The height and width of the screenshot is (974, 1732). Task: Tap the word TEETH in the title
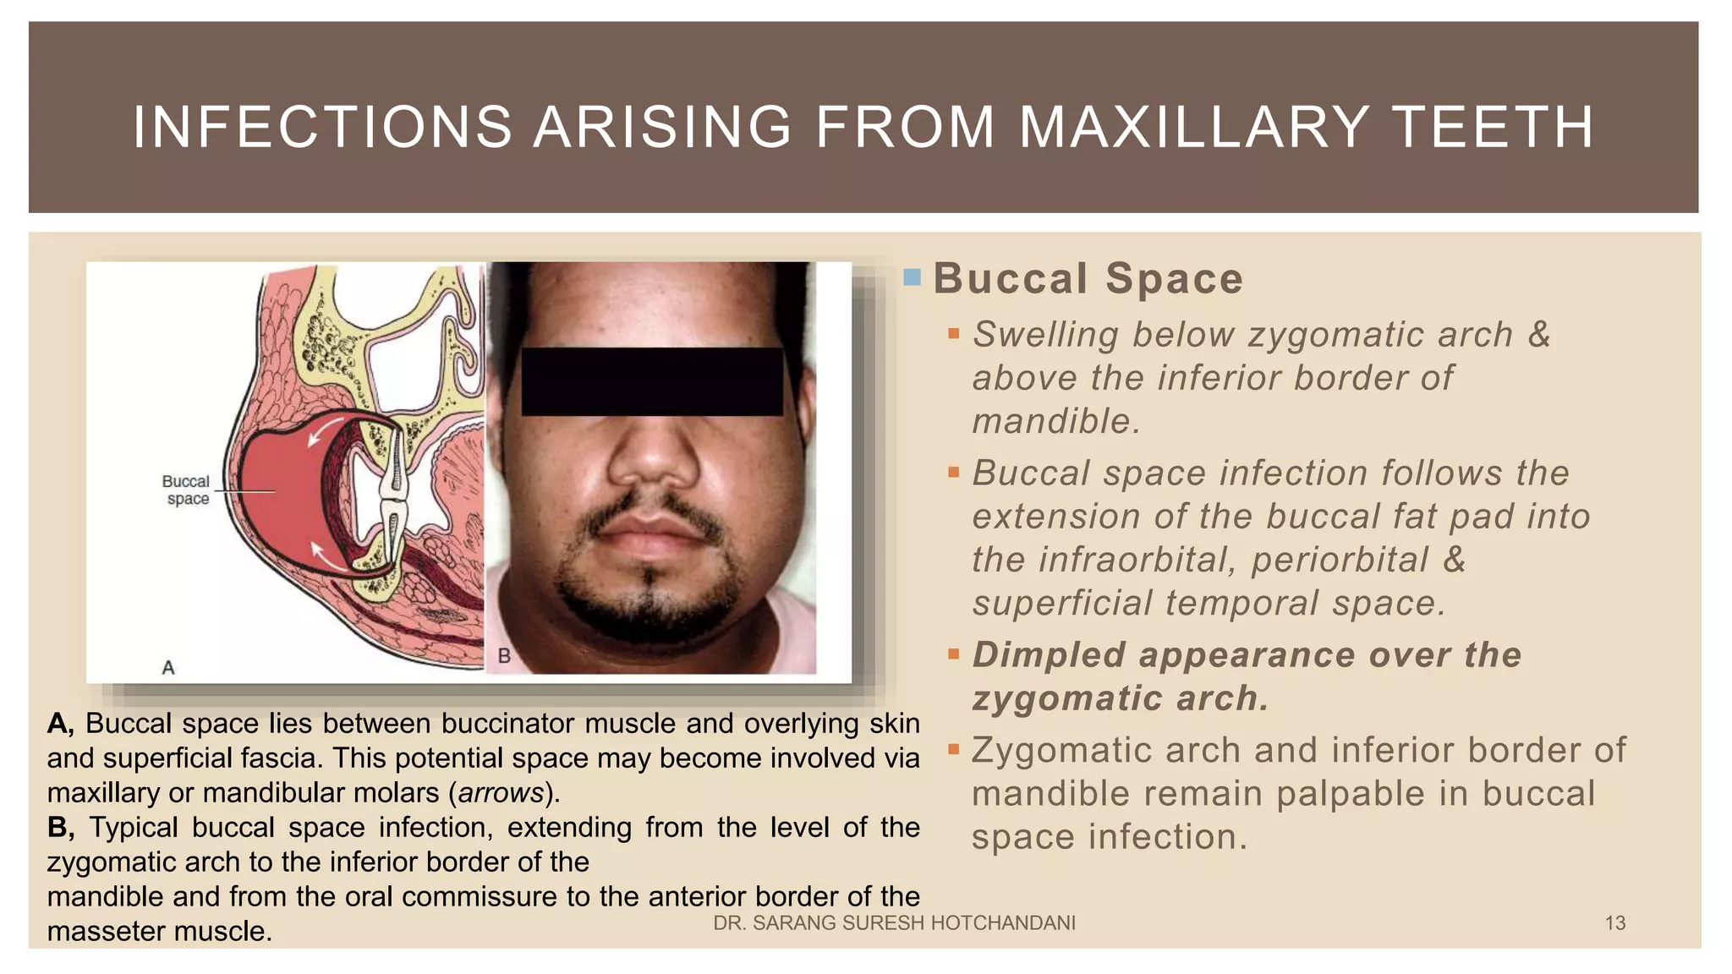click(x=1493, y=127)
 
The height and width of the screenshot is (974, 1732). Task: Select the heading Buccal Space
click(x=1088, y=279)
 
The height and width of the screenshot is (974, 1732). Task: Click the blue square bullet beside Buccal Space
click(x=912, y=276)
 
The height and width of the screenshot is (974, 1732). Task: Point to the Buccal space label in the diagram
click(x=187, y=490)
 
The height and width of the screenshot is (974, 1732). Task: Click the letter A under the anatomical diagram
click(x=168, y=668)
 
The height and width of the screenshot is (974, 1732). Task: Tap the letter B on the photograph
click(x=504, y=655)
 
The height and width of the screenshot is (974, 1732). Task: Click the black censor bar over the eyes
click(x=651, y=381)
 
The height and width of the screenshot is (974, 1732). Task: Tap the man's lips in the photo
click(x=650, y=536)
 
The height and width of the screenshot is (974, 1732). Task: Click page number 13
click(x=1614, y=923)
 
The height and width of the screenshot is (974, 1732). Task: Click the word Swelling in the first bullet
click(x=1045, y=335)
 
